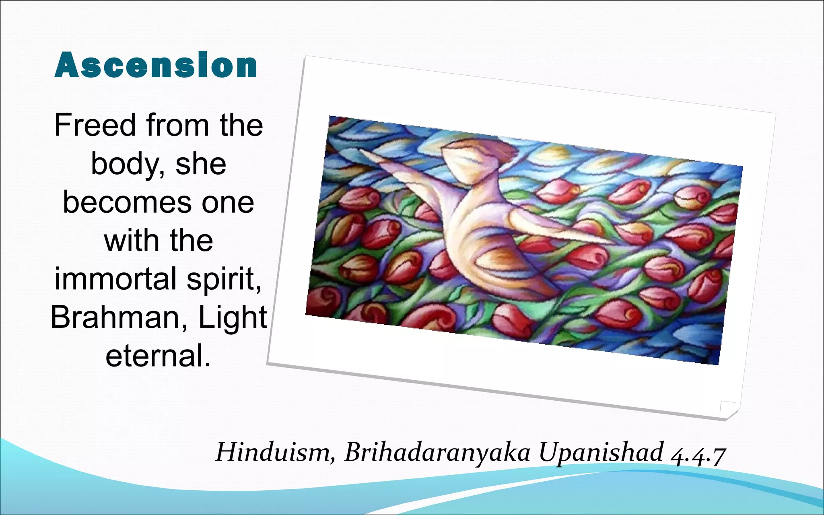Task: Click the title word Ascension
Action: [156, 65]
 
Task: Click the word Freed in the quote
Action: [95, 125]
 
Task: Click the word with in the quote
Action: [130, 241]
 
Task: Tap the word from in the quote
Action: [177, 125]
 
